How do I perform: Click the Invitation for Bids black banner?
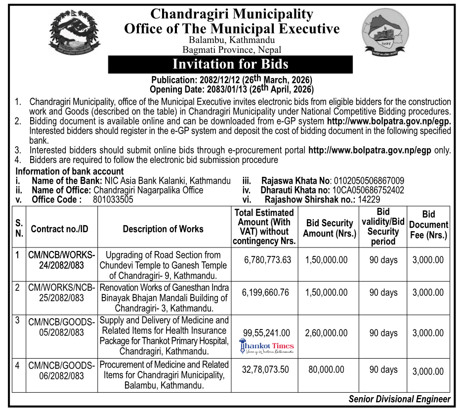tap(230, 64)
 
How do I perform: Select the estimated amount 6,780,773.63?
tap(267, 260)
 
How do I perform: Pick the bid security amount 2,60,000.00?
tap(326, 333)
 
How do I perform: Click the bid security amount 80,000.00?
tap(326, 369)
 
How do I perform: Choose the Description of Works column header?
tap(163, 229)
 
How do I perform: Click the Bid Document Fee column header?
tap(428, 225)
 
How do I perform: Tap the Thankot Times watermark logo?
tap(267, 347)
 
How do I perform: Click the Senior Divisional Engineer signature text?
tap(399, 399)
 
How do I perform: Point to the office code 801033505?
tap(113, 200)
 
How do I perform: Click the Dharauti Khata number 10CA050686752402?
tap(368, 190)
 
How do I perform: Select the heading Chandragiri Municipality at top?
tap(231, 13)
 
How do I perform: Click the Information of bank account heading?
tap(70, 171)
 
